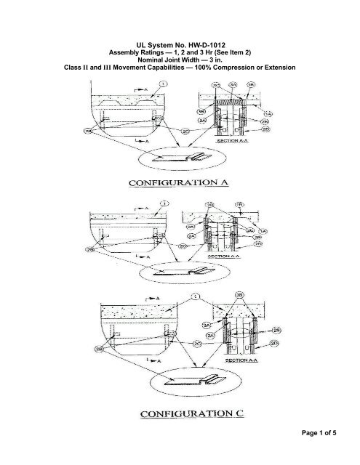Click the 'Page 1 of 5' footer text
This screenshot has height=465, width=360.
pyautogui.click(x=329, y=454)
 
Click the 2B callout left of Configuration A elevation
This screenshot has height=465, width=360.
pyautogui.click(x=89, y=132)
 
